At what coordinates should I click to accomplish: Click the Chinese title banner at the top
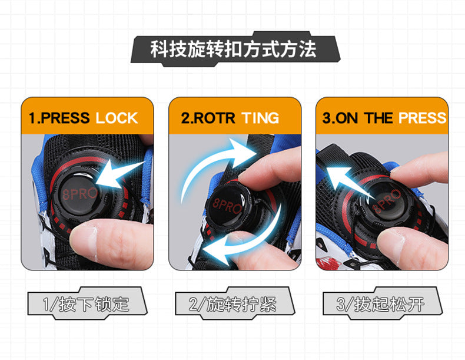point(232,48)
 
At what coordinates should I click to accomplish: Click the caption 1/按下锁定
point(86,305)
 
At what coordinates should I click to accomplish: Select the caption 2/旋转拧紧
point(234,305)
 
